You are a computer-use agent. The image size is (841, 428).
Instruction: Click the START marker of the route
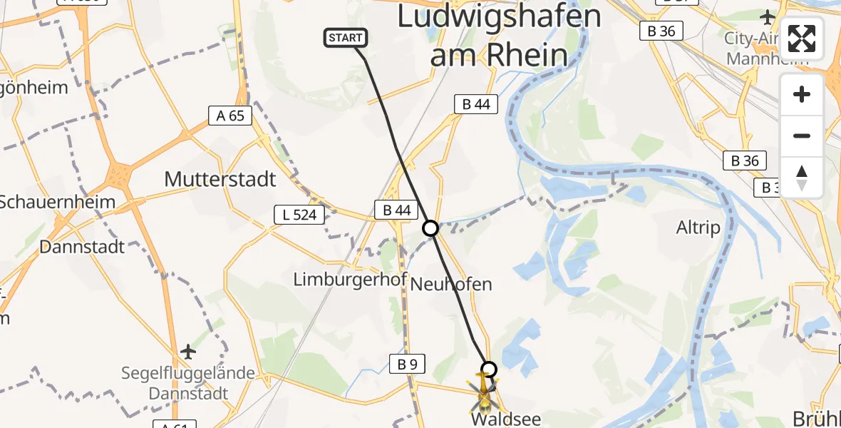(x=346, y=38)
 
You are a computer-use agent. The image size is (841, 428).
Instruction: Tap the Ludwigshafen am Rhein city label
(x=499, y=36)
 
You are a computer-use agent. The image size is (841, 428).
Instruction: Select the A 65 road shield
(x=231, y=116)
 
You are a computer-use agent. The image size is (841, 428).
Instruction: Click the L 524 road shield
(x=299, y=213)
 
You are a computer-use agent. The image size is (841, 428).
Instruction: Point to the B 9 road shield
(x=408, y=365)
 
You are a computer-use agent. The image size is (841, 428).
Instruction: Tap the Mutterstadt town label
(x=220, y=179)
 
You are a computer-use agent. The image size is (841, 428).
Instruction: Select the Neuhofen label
(x=452, y=284)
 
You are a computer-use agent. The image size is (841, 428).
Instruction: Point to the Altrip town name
(x=698, y=228)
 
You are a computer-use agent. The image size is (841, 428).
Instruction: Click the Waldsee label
(x=505, y=419)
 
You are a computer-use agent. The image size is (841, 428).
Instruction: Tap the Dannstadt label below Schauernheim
(x=82, y=247)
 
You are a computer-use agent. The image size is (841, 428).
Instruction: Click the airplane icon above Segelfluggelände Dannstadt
(x=187, y=352)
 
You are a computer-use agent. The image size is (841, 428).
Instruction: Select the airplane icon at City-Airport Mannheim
(x=768, y=16)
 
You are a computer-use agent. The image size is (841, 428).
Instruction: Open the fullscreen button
(x=802, y=39)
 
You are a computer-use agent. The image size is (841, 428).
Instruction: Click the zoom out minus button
(x=802, y=136)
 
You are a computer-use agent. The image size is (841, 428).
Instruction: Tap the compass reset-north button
(x=802, y=178)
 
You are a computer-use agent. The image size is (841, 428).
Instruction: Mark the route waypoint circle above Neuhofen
(x=430, y=228)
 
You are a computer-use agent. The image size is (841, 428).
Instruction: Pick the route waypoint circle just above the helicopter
(x=489, y=369)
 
